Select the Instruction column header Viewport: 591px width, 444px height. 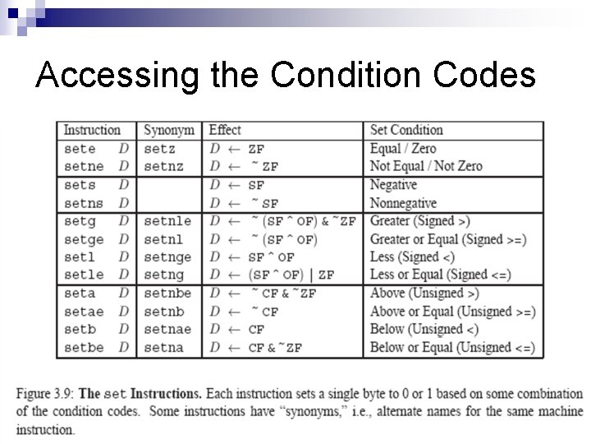tap(92, 130)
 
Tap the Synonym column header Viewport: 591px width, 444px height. tap(168, 130)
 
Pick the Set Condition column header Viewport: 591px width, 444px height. tap(406, 130)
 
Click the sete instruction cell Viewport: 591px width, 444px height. tap(80, 149)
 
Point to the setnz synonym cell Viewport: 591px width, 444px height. tap(163, 166)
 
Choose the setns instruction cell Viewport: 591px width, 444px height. tap(84, 203)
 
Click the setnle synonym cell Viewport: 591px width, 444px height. tap(167, 221)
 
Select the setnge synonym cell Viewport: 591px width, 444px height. tap(167, 257)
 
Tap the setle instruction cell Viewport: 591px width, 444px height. tap(84, 275)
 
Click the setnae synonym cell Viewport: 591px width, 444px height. tap(167, 330)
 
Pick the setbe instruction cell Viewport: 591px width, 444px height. tap(84, 348)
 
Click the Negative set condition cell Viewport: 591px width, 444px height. tap(393, 185)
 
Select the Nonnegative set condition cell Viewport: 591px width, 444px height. tap(403, 203)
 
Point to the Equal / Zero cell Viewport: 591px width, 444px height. tap(403, 149)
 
